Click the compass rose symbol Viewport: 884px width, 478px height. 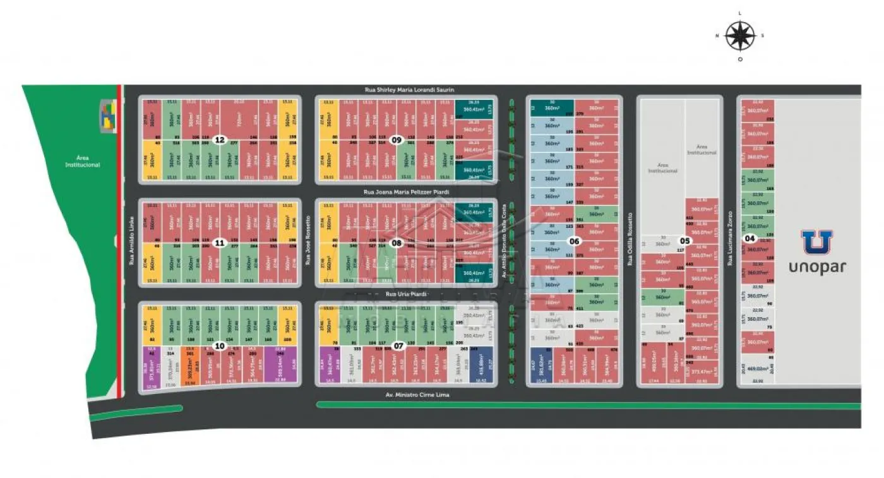click(x=740, y=35)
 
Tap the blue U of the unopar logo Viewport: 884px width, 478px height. click(x=817, y=242)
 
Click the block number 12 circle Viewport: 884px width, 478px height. click(x=219, y=140)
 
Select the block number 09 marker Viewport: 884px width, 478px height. click(x=397, y=140)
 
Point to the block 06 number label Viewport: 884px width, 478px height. click(x=574, y=241)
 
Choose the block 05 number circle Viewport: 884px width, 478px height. click(x=684, y=241)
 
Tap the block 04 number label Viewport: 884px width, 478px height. click(x=750, y=238)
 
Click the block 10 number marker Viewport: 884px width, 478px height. click(x=219, y=345)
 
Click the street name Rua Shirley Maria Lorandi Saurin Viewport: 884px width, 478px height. click(x=409, y=90)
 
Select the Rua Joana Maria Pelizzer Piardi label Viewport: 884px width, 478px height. click(x=406, y=191)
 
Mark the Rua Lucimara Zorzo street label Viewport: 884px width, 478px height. click(x=729, y=238)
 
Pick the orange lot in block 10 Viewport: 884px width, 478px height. click(x=189, y=366)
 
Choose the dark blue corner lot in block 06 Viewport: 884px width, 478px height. click(x=542, y=366)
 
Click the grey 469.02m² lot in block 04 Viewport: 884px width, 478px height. click(x=756, y=368)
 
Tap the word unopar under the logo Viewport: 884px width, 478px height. click(x=817, y=266)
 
